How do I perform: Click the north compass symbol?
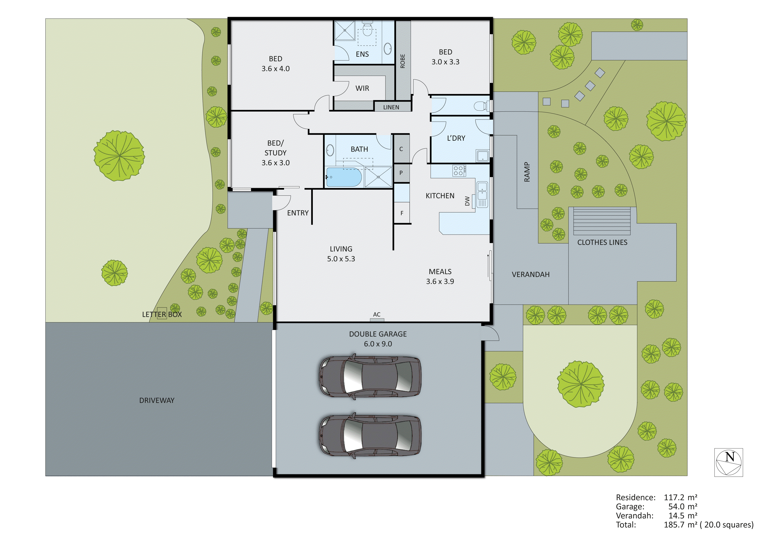[x=729, y=462]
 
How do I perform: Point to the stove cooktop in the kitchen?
[x=459, y=171]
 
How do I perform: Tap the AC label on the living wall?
[x=377, y=314]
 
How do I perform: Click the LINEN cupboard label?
[x=391, y=107]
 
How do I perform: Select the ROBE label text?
[x=403, y=61]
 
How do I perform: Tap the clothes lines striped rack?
[x=602, y=221]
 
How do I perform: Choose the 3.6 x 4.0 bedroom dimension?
[x=275, y=69]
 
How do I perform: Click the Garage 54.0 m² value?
[x=683, y=507]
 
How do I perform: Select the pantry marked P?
[x=401, y=173]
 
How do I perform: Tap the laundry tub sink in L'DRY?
[x=482, y=156]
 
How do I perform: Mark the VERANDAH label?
[x=530, y=274]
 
